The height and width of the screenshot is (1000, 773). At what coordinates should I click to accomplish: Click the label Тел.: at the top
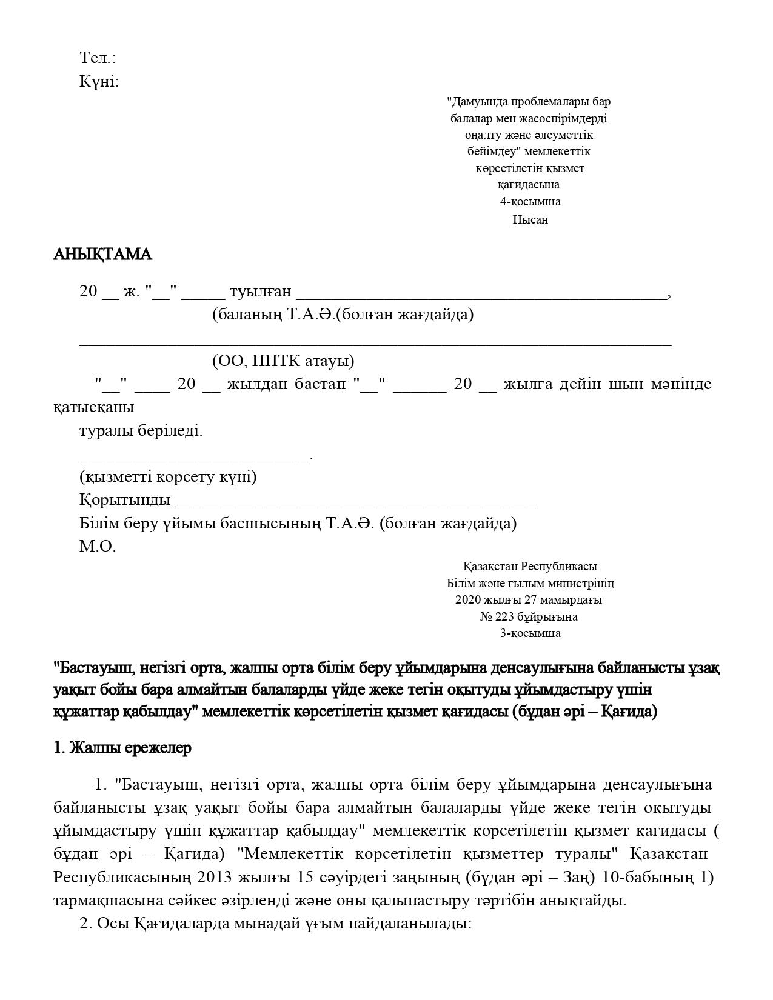tap(98, 58)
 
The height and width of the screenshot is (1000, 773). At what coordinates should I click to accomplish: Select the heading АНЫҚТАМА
tap(102, 255)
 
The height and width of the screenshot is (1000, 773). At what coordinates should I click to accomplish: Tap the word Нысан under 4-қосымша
tap(530, 219)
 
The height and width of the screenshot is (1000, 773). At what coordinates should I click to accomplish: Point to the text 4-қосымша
tap(530, 202)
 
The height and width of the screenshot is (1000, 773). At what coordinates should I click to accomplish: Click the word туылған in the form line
tap(260, 292)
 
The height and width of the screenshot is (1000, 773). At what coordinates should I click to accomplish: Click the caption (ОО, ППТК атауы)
tap(283, 361)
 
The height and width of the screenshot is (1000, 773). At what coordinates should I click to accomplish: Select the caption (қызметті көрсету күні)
tap(168, 477)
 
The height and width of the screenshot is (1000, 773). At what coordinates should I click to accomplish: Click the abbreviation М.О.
tap(97, 547)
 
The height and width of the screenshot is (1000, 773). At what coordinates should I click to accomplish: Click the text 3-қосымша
tap(530, 633)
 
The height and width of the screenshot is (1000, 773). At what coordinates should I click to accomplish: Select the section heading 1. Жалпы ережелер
tap(122, 748)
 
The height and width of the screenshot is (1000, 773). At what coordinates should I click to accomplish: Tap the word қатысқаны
tap(93, 407)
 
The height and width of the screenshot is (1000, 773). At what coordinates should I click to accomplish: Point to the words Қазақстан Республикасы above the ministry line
tap(530, 567)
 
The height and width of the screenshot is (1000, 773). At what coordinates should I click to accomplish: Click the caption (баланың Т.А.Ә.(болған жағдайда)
tap(343, 315)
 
